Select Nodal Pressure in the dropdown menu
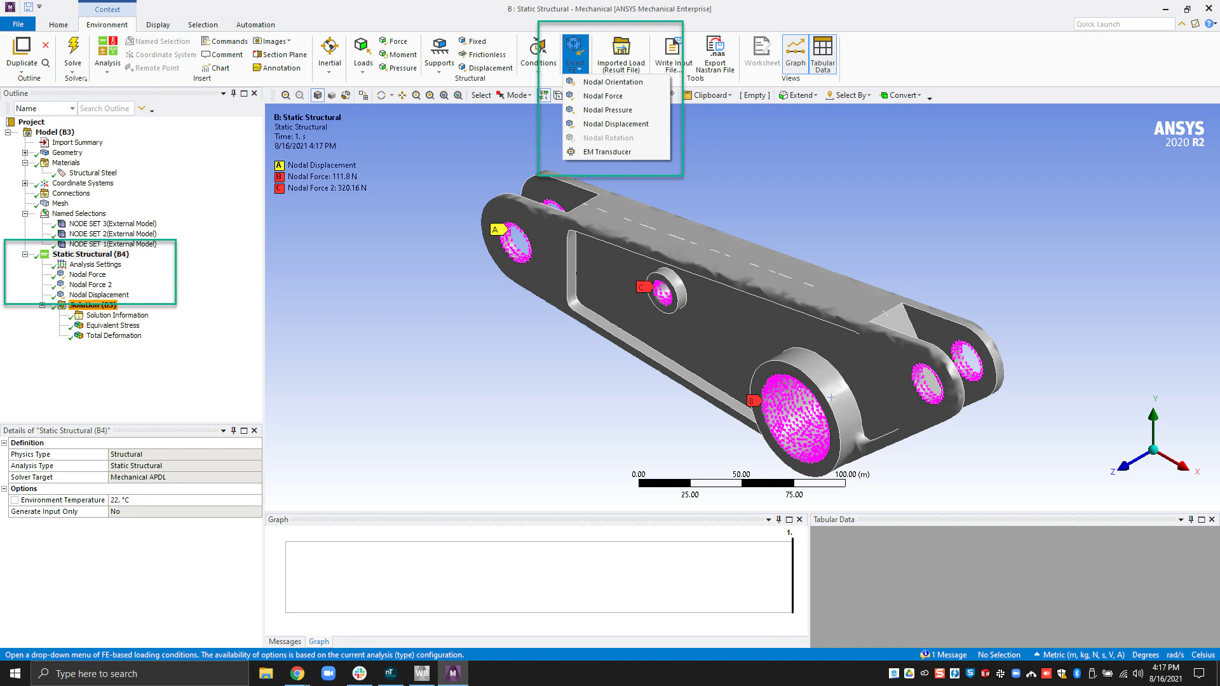(x=607, y=110)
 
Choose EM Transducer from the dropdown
(x=607, y=152)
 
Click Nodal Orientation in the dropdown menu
(x=613, y=82)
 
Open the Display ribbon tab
(x=158, y=25)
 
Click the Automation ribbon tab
(x=255, y=25)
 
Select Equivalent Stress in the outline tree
(x=112, y=325)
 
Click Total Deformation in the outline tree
(x=114, y=335)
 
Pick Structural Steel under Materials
(x=93, y=173)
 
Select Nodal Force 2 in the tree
(x=90, y=285)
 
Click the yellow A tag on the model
(x=496, y=230)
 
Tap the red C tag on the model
(x=642, y=287)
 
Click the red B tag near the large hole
(x=752, y=401)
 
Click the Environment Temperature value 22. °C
(x=184, y=500)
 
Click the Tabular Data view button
(x=822, y=53)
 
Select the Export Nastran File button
(x=715, y=53)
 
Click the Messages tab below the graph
(x=285, y=642)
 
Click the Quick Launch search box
(x=1123, y=24)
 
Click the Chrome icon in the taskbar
(x=297, y=673)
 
